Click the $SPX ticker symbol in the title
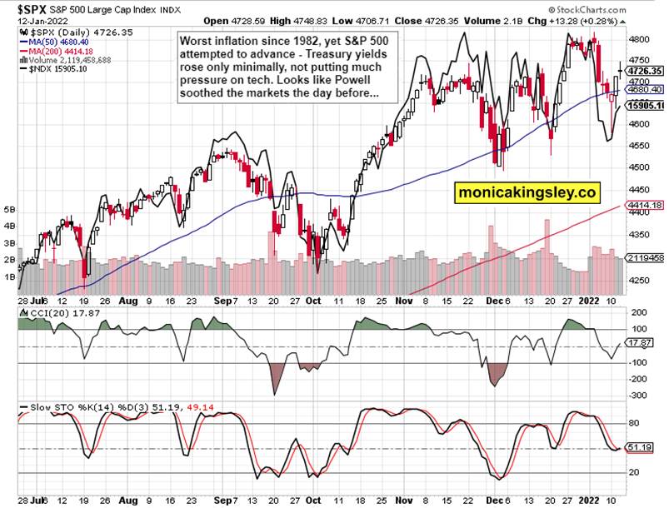tap(25, 7)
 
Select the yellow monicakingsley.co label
tap(527, 192)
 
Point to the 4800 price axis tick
tap(640, 39)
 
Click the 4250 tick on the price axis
tap(640, 281)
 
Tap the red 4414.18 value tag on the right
tap(645, 205)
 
